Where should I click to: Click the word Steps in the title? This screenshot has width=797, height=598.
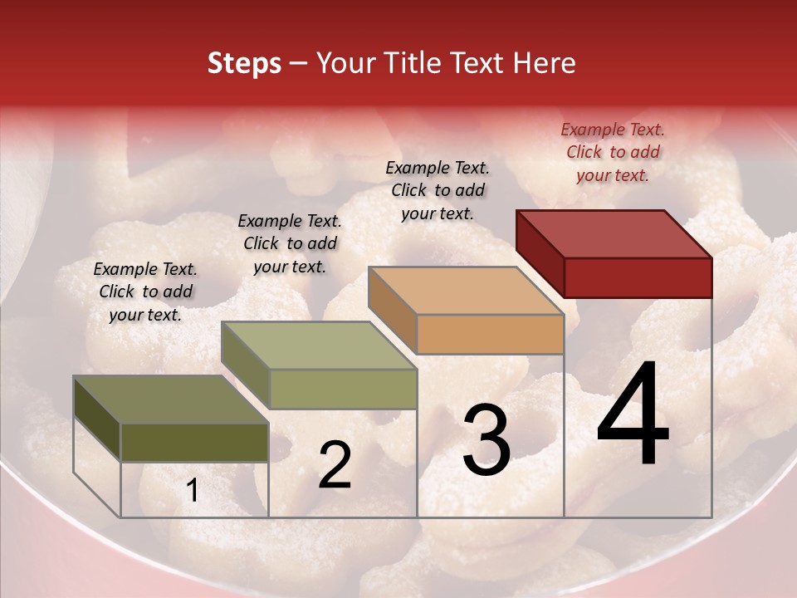point(244,63)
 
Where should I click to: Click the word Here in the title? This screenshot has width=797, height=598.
point(546,63)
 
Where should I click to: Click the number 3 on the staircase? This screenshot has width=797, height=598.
point(487,440)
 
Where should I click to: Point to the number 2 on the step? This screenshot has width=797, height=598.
point(335,465)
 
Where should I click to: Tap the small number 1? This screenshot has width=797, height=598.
point(193,491)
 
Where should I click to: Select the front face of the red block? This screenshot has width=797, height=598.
point(638,277)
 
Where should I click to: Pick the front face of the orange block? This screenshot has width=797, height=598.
point(490,335)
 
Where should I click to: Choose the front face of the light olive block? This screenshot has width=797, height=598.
point(343,389)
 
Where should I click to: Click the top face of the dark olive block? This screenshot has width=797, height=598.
point(171,399)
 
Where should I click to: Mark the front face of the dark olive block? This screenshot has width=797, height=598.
point(194,442)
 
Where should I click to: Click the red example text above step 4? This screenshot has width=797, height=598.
point(613,152)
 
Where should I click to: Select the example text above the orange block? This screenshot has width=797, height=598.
point(438,190)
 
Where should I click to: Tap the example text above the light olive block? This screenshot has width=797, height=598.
point(290,243)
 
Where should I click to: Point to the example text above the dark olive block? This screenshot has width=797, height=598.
point(145,292)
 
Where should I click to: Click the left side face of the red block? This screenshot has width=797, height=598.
point(540,253)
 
